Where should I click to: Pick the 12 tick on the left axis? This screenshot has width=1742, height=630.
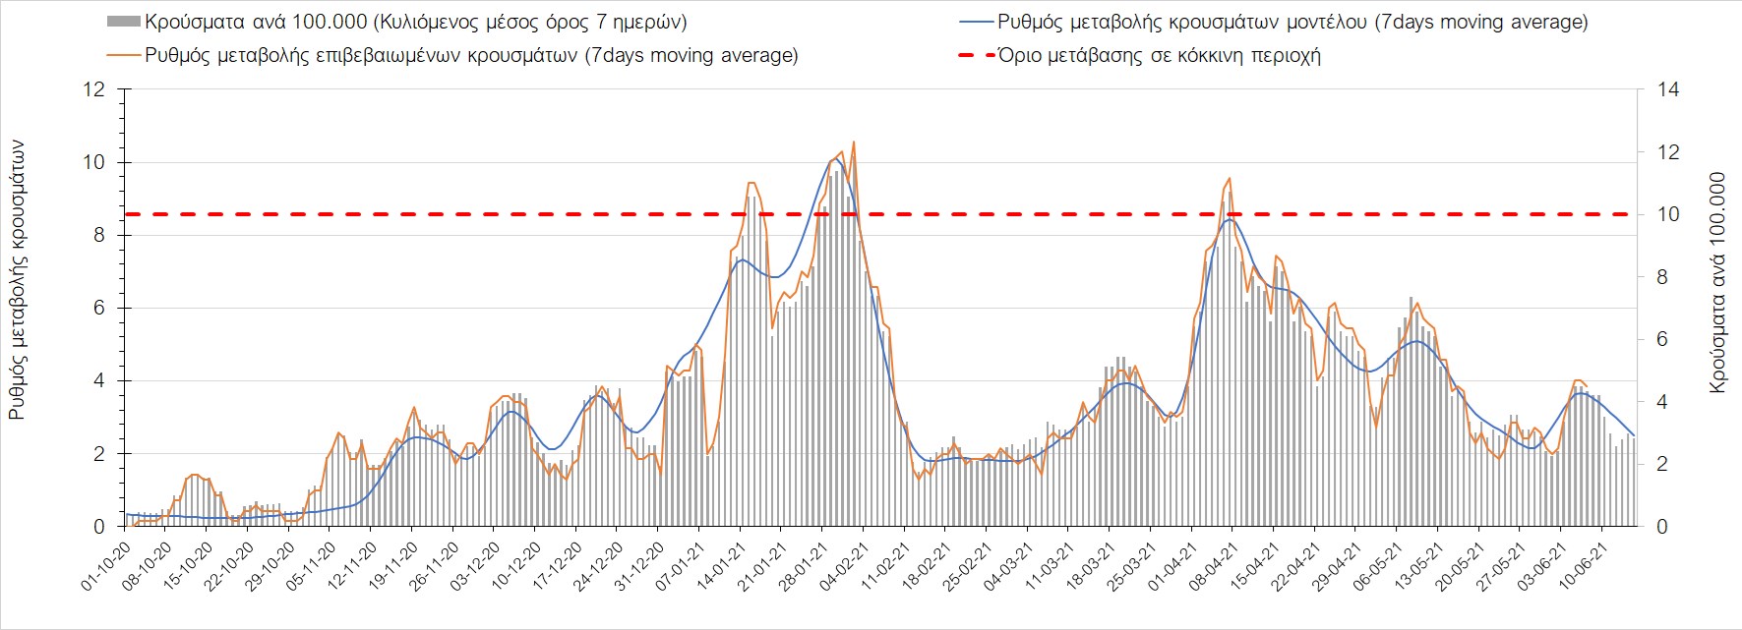[x=94, y=89]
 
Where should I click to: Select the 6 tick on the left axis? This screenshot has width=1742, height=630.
[x=98, y=308]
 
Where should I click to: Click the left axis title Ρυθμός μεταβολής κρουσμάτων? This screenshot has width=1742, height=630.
[x=17, y=280]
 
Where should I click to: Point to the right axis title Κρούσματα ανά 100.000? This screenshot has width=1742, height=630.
[x=1717, y=283]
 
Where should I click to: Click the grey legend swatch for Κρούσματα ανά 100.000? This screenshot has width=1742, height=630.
[x=123, y=22]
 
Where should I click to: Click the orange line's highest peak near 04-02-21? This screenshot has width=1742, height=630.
[x=853, y=142]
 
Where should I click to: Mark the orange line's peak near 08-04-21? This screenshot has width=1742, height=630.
[x=1229, y=178]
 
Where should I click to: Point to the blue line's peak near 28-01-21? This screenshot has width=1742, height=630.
[x=838, y=158]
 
